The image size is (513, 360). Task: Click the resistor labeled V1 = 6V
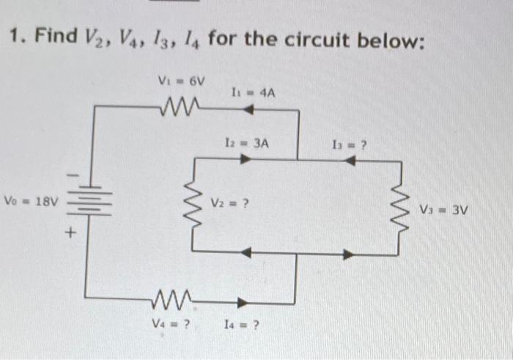(177, 109)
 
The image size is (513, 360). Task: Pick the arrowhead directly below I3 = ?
(351, 161)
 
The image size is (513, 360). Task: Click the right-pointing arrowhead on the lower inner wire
(351, 254)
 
